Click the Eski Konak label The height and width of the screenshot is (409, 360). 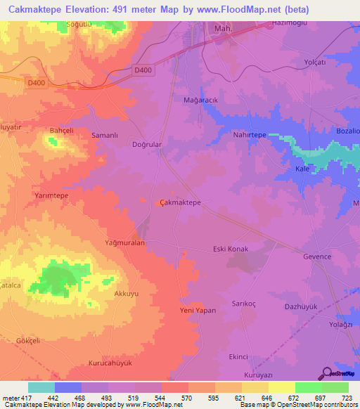(231, 249)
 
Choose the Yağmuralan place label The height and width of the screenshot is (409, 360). (124, 242)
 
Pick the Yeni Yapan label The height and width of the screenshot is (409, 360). (198, 310)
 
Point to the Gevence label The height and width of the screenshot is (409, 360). (317, 257)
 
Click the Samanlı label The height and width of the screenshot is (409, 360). (104, 134)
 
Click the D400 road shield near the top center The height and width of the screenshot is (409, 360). (143, 70)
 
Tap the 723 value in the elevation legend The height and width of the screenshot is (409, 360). (348, 397)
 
